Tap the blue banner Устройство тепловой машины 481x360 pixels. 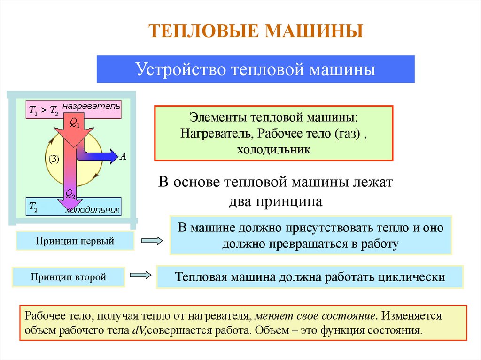(256, 69)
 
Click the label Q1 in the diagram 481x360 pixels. (76, 123)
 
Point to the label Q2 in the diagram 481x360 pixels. (70, 193)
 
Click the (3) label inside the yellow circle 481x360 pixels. (53, 159)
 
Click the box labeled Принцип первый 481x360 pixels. (75, 241)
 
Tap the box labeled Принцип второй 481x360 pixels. (69, 277)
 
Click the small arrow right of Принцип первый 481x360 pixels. (152, 241)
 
